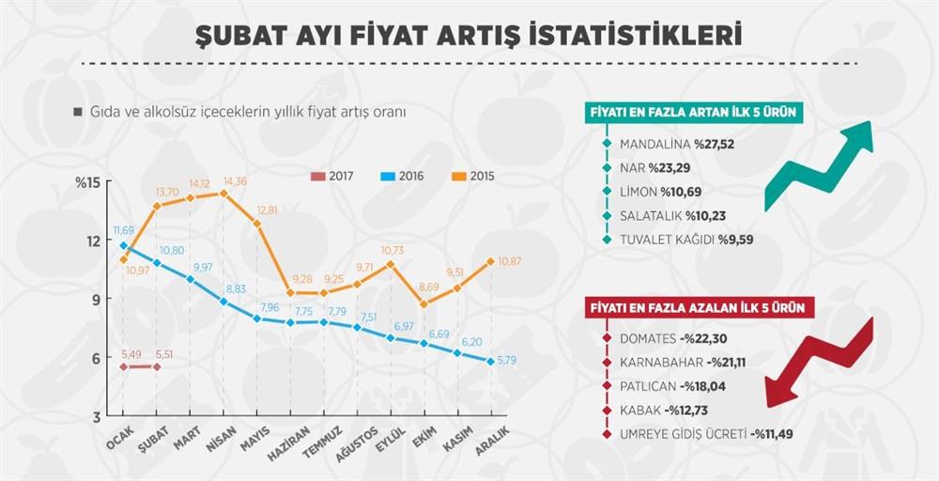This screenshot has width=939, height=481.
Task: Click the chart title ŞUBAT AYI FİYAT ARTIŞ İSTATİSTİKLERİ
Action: point(469,35)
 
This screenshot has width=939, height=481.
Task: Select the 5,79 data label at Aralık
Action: point(507,360)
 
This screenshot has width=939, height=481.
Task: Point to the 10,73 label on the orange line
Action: point(392,251)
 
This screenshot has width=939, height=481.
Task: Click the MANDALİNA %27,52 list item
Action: point(675,144)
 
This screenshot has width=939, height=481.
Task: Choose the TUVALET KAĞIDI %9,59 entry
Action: point(686,240)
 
